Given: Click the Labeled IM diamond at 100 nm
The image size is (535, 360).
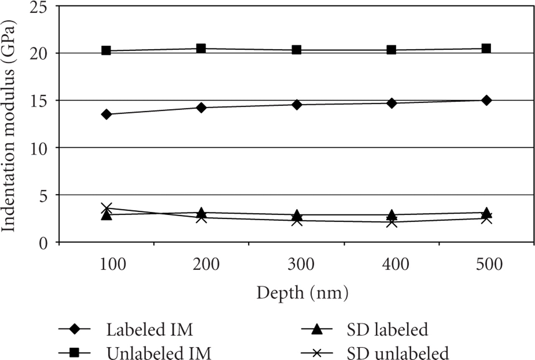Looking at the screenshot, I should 106,114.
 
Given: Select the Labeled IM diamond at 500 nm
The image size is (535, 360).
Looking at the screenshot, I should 486,100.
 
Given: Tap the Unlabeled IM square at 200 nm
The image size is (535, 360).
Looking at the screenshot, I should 201,48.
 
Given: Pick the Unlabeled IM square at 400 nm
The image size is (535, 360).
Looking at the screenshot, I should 391,50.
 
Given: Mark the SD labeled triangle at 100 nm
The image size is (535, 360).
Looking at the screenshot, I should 106,215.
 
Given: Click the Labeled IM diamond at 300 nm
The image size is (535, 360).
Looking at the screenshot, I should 296,104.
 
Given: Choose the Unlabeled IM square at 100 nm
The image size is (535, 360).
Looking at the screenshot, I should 106,51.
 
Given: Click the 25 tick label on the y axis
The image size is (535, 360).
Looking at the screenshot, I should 39,6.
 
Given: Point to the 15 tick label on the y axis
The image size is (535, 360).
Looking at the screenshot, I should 39,101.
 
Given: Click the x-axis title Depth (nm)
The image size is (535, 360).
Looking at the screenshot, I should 302,293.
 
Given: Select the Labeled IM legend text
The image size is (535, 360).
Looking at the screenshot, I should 150,330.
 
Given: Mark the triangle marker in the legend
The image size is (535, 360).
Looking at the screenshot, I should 317,330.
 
